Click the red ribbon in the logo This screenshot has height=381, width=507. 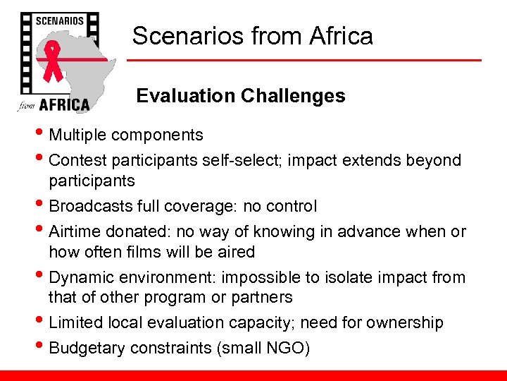tap(54, 63)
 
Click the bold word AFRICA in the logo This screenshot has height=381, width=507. tap(63, 104)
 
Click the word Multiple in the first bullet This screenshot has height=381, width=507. tap(77, 135)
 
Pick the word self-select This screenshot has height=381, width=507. tap(232, 160)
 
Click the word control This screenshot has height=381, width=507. tap(292, 206)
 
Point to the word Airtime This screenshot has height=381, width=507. tap(75, 231)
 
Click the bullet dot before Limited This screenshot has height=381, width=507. tap(42, 323)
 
